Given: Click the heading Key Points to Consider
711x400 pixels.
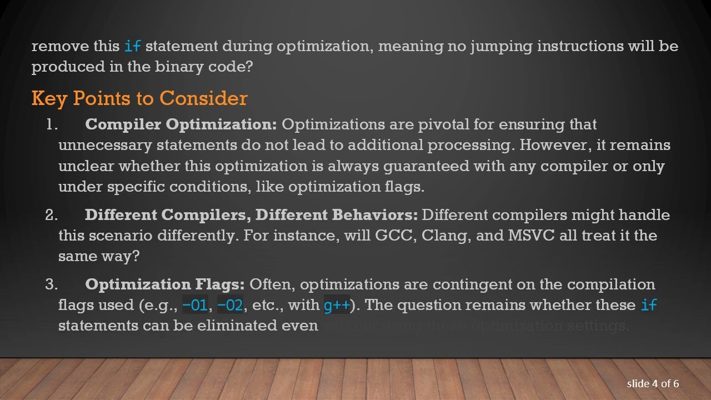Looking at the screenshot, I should [139, 98].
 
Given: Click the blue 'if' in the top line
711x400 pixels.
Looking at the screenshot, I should [132, 46].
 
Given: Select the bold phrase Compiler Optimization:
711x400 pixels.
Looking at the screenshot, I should [181, 124].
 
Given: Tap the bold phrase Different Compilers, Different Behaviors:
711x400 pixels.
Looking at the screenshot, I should [251, 215].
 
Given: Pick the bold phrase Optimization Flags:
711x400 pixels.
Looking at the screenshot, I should [164, 284].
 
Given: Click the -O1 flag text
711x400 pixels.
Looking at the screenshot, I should [194, 305].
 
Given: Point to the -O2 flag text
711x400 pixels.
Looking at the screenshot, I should [230, 305].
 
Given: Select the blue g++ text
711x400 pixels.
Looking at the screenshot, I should [337, 305].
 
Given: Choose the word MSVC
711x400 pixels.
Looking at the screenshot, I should [531, 236].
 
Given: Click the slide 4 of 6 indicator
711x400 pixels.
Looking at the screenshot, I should [653, 384].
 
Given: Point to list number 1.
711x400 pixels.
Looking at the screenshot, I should [52, 124].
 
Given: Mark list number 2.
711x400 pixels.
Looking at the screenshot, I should [51, 215].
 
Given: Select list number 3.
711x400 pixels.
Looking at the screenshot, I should [51, 284].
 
